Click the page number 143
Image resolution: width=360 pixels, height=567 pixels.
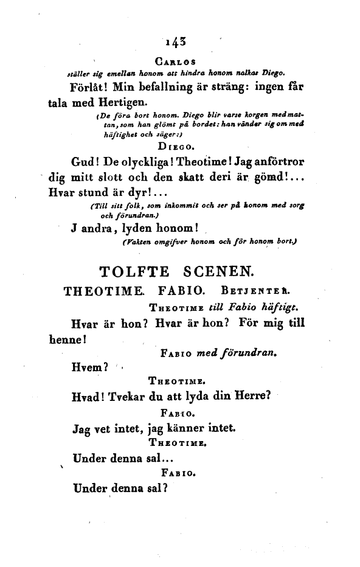174,42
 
